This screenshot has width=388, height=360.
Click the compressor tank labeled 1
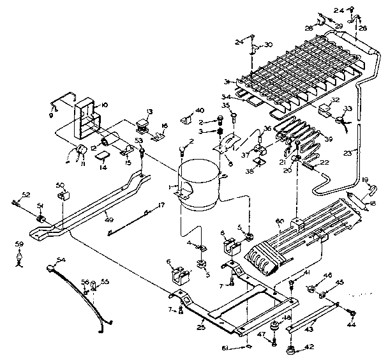coord(198,185)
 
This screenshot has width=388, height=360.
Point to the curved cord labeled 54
coord(77,287)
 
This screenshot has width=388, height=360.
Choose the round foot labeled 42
coord(292,349)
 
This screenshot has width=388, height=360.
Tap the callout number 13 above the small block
coord(149,111)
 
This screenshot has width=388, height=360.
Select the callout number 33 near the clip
coord(348,109)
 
